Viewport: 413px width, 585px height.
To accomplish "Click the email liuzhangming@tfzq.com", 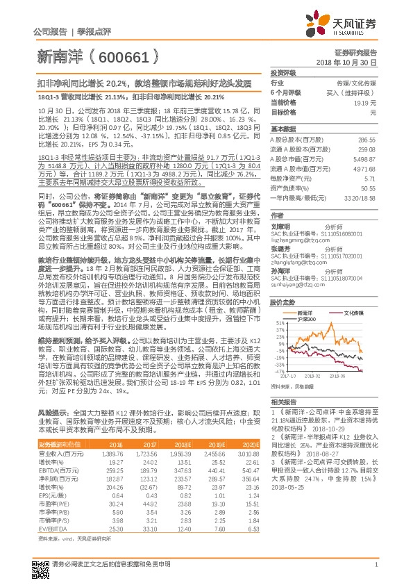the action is click(301, 245).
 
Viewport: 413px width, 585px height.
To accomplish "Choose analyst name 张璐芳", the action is click(280, 248).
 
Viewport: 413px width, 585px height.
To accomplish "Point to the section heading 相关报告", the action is click(283, 402).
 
